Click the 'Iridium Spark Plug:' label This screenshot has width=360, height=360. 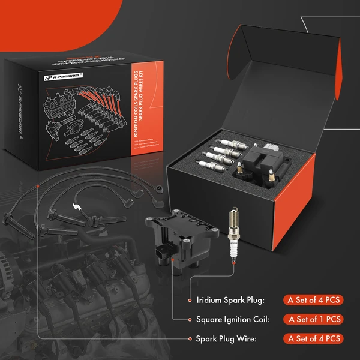[x=230, y=300]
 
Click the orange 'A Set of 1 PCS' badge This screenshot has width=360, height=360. [x=314, y=319]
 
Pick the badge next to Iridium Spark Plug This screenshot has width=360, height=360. [x=314, y=300]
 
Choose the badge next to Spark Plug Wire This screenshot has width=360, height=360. [x=314, y=339]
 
